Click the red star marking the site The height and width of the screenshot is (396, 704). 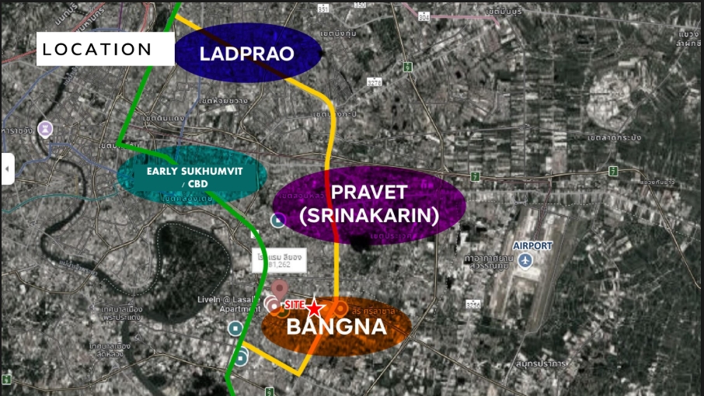pyautogui.click(x=313, y=307)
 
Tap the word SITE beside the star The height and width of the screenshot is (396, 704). pyautogui.click(x=294, y=305)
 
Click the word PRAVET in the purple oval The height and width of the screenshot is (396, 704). pyautogui.click(x=369, y=193)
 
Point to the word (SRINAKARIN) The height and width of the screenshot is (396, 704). pyautogui.click(x=370, y=215)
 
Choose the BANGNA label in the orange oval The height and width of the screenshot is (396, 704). pyautogui.click(x=336, y=327)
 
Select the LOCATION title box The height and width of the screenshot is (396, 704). pyautogui.click(x=98, y=50)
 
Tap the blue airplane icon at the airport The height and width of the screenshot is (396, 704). pyautogui.click(x=525, y=260)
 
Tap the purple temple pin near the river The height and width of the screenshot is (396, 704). pyautogui.click(x=48, y=126)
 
